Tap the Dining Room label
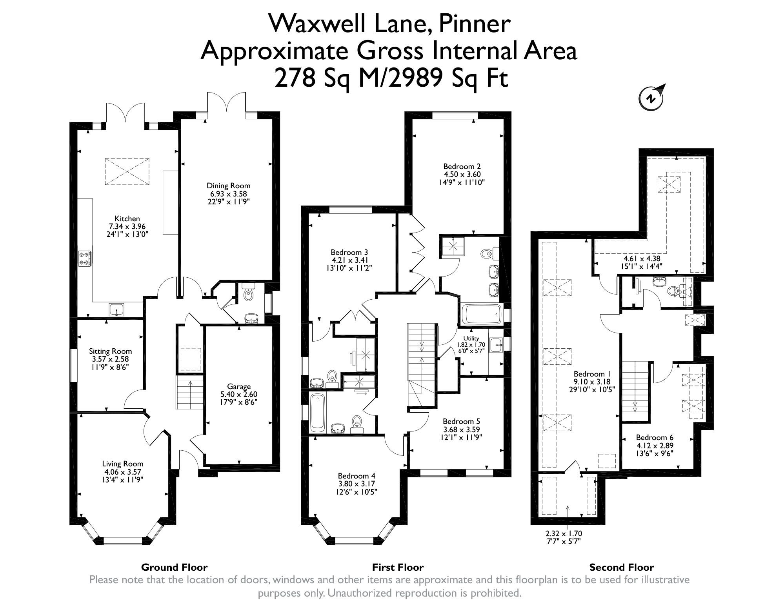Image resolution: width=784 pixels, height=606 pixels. pyautogui.click(x=228, y=186)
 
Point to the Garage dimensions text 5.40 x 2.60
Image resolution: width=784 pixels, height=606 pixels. pyautogui.click(x=239, y=394)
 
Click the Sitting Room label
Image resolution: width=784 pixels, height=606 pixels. pyautogui.click(x=110, y=351)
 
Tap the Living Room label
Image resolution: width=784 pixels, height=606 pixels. pyautogui.click(x=123, y=464)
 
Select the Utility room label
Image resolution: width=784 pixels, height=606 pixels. pyautogui.click(x=471, y=338)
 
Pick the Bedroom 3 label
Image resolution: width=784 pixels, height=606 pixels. pyautogui.click(x=349, y=252)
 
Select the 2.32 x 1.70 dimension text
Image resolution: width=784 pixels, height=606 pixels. pyautogui.click(x=563, y=533)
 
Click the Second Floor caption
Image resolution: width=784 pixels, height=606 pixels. pyautogui.click(x=621, y=567)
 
